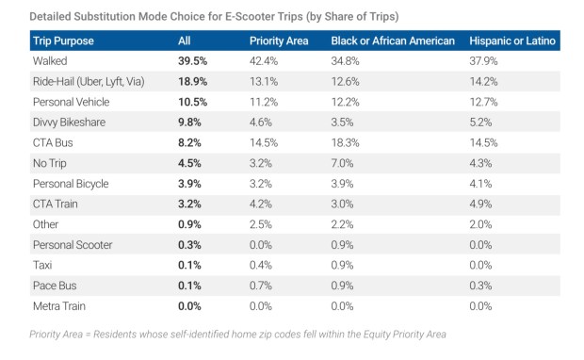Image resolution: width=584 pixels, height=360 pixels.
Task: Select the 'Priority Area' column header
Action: coord(280,41)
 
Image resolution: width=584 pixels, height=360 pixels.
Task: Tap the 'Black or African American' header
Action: coord(393,41)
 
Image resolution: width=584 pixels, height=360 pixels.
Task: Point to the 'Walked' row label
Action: coord(51,61)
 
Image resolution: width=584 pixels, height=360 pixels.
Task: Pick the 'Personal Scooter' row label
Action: coord(73,245)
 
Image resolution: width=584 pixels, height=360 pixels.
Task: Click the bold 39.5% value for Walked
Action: coord(194,61)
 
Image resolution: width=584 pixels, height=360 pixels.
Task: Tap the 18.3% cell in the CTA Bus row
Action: coord(346,143)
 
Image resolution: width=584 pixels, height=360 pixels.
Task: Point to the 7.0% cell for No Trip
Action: coord(343,163)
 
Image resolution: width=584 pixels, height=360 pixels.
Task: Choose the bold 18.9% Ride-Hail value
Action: coord(194,82)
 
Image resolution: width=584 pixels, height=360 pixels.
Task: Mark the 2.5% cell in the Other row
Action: coord(263,224)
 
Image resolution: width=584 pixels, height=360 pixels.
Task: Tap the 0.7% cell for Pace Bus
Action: coord(263,286)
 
